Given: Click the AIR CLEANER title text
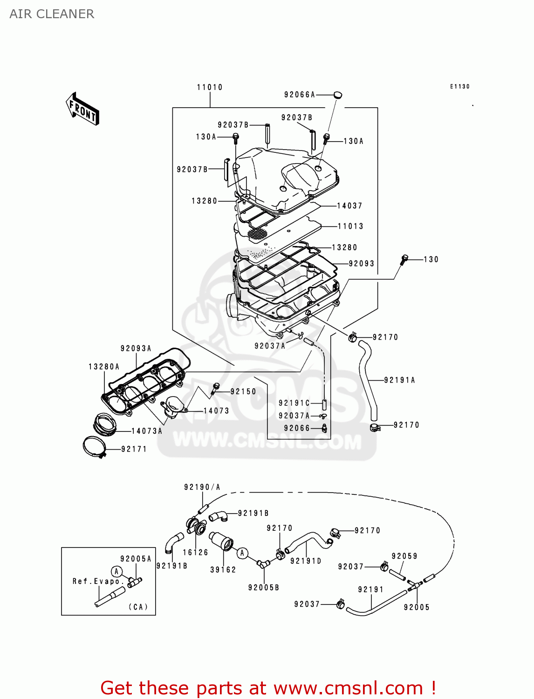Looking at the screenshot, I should coord(52,14).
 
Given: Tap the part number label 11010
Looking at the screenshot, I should coord(210,87).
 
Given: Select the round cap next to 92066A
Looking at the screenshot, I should coord(337,95).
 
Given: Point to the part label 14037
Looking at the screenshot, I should coord(349,206).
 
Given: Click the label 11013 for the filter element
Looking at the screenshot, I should coord(350,226).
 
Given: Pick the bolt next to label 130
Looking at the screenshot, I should coord(404,260).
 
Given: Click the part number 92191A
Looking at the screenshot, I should coord(399,380).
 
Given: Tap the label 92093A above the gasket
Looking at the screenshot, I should coord(136,349).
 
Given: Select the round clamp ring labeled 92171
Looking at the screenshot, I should coord(95,446).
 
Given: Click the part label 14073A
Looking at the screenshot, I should coord(147,431).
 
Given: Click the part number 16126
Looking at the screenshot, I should coord(195,552).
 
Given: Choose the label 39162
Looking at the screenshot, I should coord(223,569).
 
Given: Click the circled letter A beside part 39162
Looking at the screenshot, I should coord(242,553).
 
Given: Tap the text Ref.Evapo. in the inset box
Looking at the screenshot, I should coord(98,581).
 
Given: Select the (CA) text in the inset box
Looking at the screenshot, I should coord(138,607).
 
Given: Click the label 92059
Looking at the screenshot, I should coord(404,556).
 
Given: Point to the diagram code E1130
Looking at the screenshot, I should coord(460,87).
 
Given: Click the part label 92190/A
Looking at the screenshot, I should coord(202,487).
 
